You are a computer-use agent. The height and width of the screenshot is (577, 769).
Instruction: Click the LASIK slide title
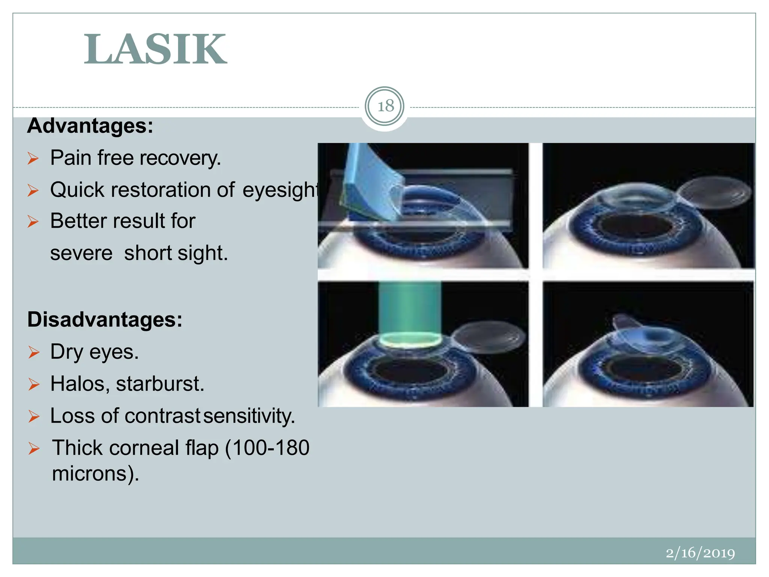tap(155, 50)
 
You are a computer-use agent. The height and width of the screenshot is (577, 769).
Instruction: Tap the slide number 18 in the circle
tap(385, 106)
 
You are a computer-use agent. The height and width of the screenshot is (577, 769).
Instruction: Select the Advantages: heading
tap(90, 126)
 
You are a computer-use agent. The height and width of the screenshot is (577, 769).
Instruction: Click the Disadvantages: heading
tap(105, 320)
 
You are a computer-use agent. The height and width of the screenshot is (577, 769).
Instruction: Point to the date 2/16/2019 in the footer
tap(700, 553)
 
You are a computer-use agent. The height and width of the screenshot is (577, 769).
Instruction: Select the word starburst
tap(160, 384)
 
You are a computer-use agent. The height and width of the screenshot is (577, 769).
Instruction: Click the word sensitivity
tap(249, 416)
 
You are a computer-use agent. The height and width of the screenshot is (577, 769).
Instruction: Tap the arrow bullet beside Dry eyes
tap(34, 352)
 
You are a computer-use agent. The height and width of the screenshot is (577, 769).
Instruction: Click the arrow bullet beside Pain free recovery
tap(33, 159)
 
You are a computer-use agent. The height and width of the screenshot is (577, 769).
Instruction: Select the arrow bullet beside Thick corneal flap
tap(34, 449)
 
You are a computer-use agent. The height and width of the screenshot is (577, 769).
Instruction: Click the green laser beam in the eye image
tap(410, 308)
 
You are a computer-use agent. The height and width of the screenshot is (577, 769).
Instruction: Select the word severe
tap(81, 253)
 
